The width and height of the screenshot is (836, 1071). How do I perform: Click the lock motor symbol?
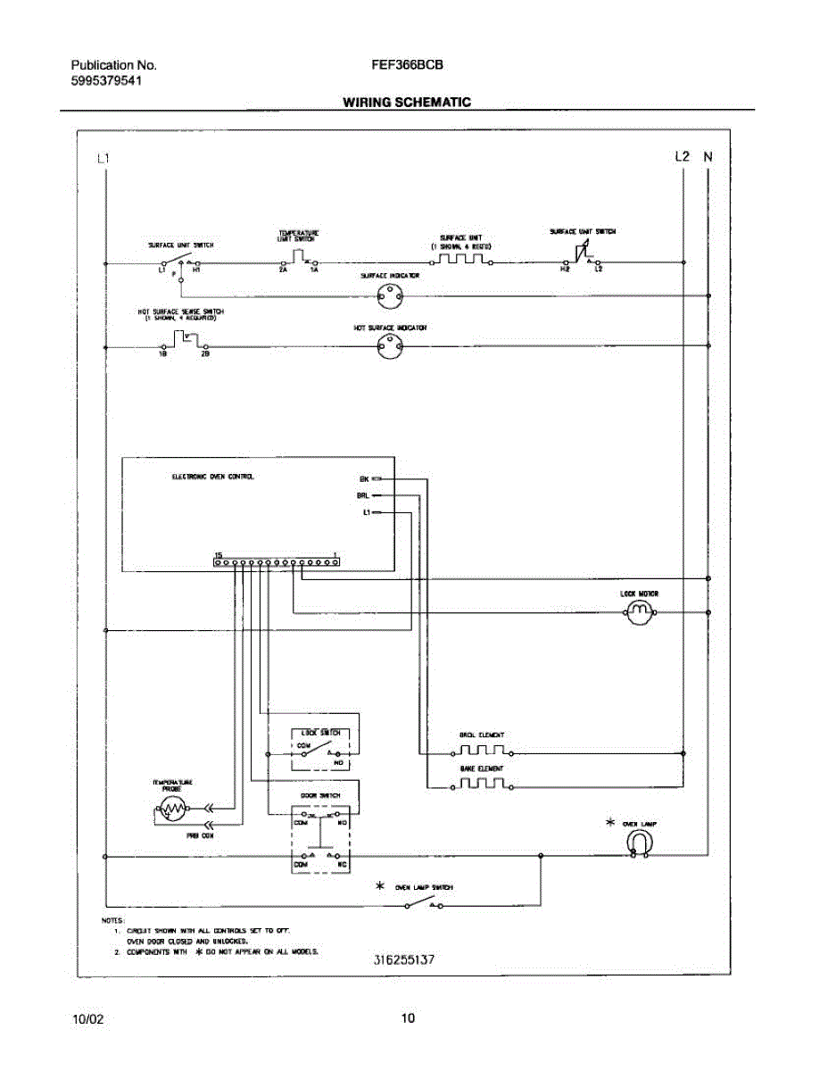638,611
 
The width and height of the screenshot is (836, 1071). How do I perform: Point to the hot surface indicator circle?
389,347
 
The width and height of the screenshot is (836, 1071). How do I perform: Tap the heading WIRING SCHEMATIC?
407,103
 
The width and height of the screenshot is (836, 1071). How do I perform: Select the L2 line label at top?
683,156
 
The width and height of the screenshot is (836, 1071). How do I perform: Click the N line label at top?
708,156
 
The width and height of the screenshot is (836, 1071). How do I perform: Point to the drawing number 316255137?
404,960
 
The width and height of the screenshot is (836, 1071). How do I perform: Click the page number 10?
408,1018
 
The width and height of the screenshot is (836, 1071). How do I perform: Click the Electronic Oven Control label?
212,477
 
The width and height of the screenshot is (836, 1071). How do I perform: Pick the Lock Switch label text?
316,731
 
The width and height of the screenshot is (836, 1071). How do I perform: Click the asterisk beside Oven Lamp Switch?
380,886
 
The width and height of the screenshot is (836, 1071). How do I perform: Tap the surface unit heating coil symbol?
462,261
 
